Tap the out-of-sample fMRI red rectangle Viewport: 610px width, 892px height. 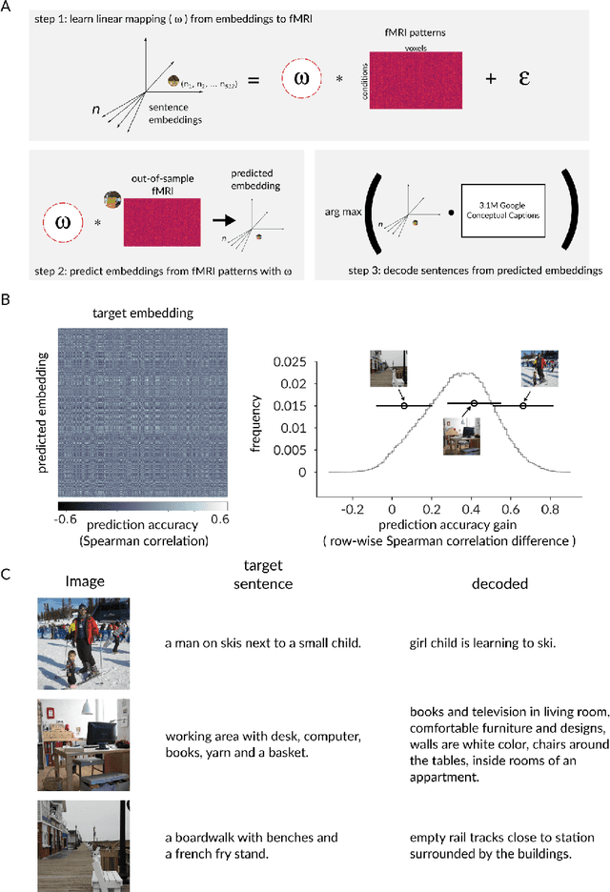(x=161, y=223)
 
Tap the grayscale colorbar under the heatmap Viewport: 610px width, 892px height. (x=142, y=507)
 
